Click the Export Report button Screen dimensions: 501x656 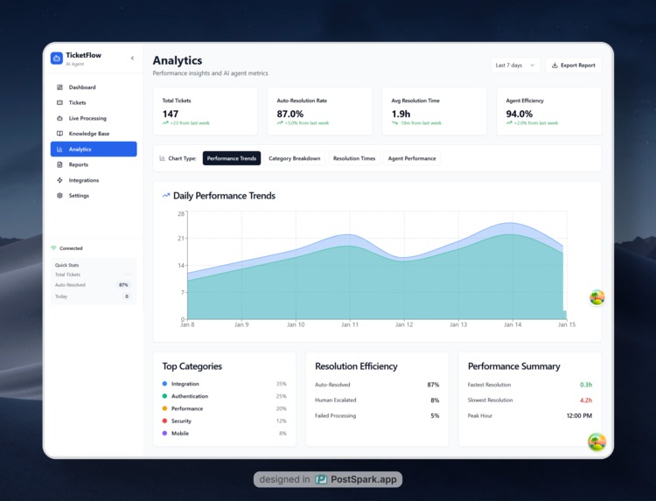click(x=574, y=65)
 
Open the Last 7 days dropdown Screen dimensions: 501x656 click(x=515, y=65)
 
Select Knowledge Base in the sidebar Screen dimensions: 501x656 click(x=89, y=134)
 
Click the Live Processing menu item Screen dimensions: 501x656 click(x=87, y=118)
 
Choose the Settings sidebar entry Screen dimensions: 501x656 click(x=79, y=196)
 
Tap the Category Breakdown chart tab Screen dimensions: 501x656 click(x=294, y=158)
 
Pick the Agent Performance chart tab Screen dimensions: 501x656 click(x=412, y=158)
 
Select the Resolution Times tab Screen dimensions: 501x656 click(x=354, y=158)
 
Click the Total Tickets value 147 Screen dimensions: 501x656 click(x=171, y=114)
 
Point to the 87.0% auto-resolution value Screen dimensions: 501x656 click(x=290, y=114)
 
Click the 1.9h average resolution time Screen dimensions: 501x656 click(x=401, y=114)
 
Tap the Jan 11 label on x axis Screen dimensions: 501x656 click(x=350, y=324)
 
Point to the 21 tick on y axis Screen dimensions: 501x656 click(x=181, y=239)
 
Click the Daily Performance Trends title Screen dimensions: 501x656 click(x=224, y=196)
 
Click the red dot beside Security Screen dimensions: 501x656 click(x=164, y=421)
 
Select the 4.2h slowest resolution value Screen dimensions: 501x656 click(x=585, y=400)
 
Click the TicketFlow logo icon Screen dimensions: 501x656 click(x=57, y=59)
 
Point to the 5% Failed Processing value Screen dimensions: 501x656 click(x=435, y=415)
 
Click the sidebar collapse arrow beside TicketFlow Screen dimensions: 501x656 click(x=132, y=59)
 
